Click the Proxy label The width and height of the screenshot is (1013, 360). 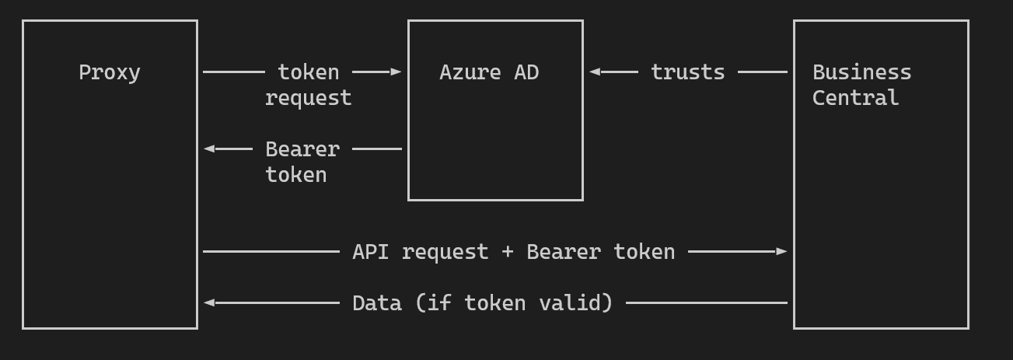point(110,72)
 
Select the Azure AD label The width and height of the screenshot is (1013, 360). point(489,72)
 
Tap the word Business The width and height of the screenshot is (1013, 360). point(861,72)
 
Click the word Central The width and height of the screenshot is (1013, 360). point(855,98)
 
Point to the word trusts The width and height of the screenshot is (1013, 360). point(687,72)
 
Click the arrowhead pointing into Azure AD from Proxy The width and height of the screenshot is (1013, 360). point(396,72)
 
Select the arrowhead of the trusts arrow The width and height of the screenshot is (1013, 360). point(595,72)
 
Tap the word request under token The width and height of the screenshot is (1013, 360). point(308,98)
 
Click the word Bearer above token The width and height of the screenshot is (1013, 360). point(302,149)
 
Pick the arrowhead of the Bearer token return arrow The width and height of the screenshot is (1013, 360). point(209,149)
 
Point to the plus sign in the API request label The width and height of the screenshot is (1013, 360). point(508,252)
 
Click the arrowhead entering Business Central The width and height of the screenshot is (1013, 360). point(781,251)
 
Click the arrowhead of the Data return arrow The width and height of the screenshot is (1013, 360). point(209,302)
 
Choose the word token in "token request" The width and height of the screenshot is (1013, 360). point(308,72)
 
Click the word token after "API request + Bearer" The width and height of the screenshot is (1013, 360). point(644,252)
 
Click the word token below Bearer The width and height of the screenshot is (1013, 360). point(295,174)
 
